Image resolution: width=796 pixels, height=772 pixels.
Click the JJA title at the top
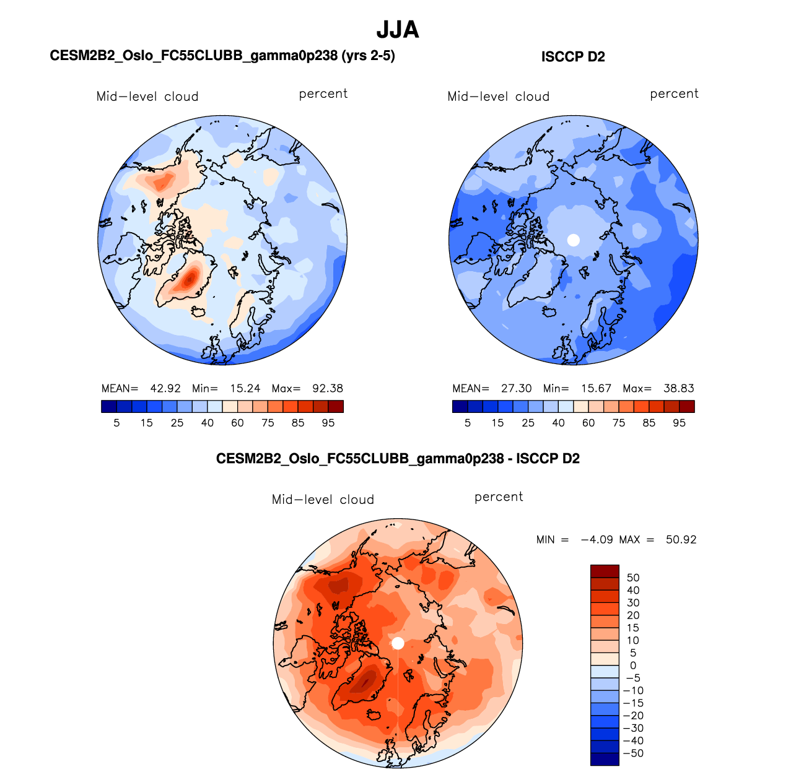[398, 30]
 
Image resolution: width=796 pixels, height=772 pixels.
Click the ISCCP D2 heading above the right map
[573, 57]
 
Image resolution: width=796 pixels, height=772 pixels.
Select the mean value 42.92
[165, 389]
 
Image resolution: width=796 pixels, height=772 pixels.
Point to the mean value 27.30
[517, 389]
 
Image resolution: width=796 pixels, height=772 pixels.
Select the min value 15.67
[596, 389]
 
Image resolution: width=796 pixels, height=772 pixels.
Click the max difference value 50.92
[681, 540]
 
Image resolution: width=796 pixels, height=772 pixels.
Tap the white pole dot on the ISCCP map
[574, 240]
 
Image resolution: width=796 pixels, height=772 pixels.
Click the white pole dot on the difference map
[398, 643]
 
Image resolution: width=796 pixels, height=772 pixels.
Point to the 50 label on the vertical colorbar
[633, 578]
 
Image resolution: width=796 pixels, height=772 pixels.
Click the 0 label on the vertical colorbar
[633, 666]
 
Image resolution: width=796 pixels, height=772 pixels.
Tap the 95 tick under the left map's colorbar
[328, 423]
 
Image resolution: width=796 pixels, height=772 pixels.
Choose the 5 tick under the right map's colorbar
[468, 423]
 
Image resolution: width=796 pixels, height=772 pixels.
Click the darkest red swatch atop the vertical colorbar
[605, 571]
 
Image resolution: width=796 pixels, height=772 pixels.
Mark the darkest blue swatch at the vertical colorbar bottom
[605, 759]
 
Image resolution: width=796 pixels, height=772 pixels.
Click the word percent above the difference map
[499, 497]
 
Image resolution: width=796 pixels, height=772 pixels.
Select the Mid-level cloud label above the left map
[147, 97]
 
